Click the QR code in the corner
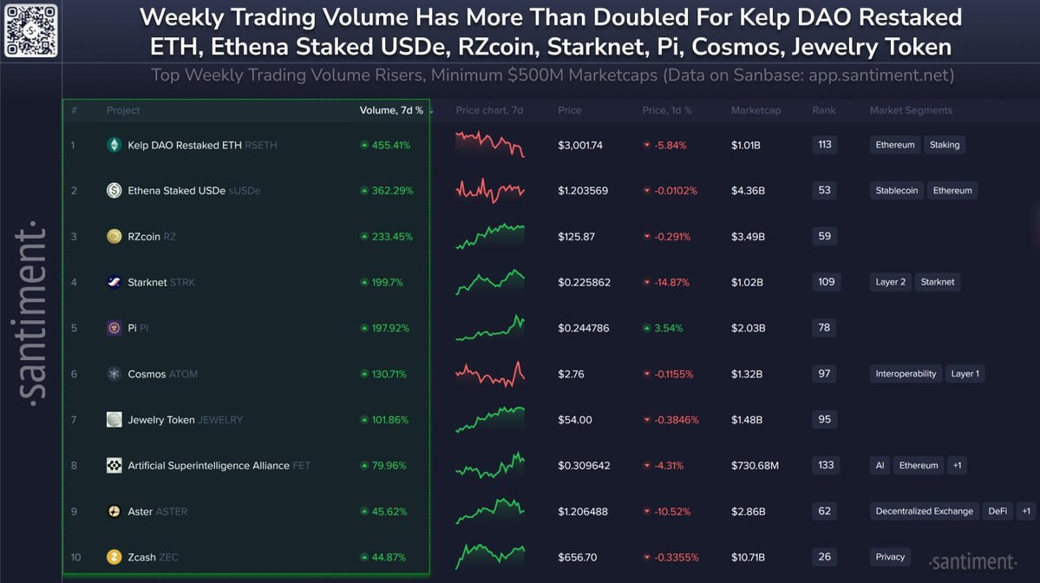click(31, 31)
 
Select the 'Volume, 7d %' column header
click(392, 110)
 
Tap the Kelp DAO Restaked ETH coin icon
click(114, 145)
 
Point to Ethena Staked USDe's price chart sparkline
click(490, 190)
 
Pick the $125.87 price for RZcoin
click(576, 236)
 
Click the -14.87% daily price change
click(672, 282)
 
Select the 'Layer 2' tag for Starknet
click(891, 282)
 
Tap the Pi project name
click(132, 328)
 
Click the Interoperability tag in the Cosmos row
click(906, 374)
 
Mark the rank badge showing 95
click(824, 420)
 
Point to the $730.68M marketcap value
click(755, 466)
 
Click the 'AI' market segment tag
click(880, 466)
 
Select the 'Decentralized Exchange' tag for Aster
click(924, 511)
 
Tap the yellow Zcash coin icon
click(114, 557)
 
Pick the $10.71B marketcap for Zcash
click(749, 557)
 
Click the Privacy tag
click(890, 557)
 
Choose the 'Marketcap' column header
click(755, 110)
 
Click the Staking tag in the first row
click(945, 145)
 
